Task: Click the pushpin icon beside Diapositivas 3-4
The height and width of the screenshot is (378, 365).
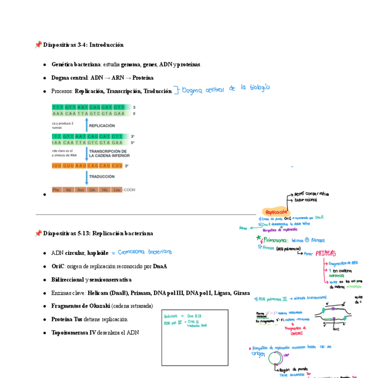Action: pos(38,45)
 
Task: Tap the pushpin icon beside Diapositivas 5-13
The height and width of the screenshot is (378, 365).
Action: pos(38,233)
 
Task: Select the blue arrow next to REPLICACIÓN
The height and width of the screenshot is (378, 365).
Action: pos(86,125)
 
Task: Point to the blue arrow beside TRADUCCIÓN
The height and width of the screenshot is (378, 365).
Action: pos(86,177)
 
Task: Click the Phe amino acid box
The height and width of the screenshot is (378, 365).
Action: pos(57,190)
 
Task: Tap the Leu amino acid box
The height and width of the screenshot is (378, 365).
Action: pos(117,190)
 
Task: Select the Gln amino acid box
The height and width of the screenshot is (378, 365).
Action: pos(93,190)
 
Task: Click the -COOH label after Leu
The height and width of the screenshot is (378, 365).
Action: pos(129,190)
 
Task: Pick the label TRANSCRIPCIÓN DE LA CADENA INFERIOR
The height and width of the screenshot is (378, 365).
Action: pos(109,153)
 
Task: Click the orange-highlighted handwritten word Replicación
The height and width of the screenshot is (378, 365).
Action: pos(276,212)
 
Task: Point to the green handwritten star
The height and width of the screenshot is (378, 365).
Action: pos(258,238)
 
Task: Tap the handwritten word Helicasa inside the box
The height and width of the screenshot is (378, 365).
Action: pos(170,316)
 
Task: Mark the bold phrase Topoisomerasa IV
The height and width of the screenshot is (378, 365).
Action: pos(74,333)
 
